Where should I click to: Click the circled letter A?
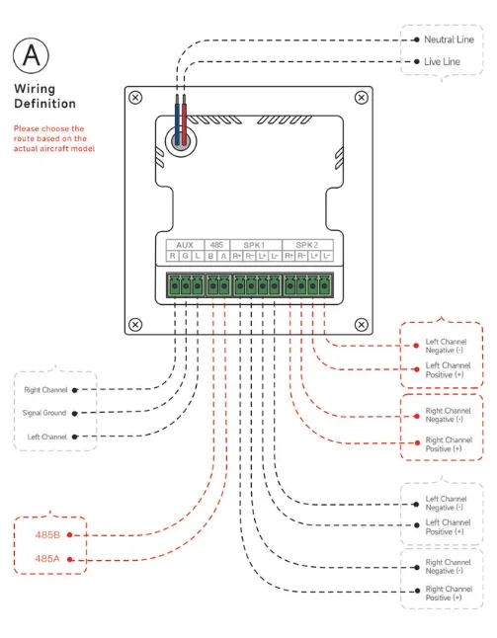tap(31, 55)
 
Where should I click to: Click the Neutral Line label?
tap(449, 40)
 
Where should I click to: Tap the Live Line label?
tap(442, 62)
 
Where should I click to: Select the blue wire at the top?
tap(177, 120)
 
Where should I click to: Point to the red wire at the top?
tap(185, 120)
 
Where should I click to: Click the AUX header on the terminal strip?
tap(185, 245)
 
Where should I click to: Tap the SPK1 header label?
tap(254, 245)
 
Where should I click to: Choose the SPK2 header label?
tap(307, 245)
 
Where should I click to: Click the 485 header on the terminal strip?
tap(216, 245)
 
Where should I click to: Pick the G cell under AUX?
tap(185, 256)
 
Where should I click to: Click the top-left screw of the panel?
tap(135, 98)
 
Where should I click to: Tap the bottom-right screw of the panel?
tap(362, 325)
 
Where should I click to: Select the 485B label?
tap(47, 534)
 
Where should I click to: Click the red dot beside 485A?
tap(69, 559)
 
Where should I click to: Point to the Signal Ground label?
tap(43, 413)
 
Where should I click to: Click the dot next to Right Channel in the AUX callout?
tap(74, 390)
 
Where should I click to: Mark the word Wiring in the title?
tap(35, 89)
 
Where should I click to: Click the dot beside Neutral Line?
tap(416, 40)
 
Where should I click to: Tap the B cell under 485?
tap(210, 256)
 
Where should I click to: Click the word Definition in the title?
tap(44, 104)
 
